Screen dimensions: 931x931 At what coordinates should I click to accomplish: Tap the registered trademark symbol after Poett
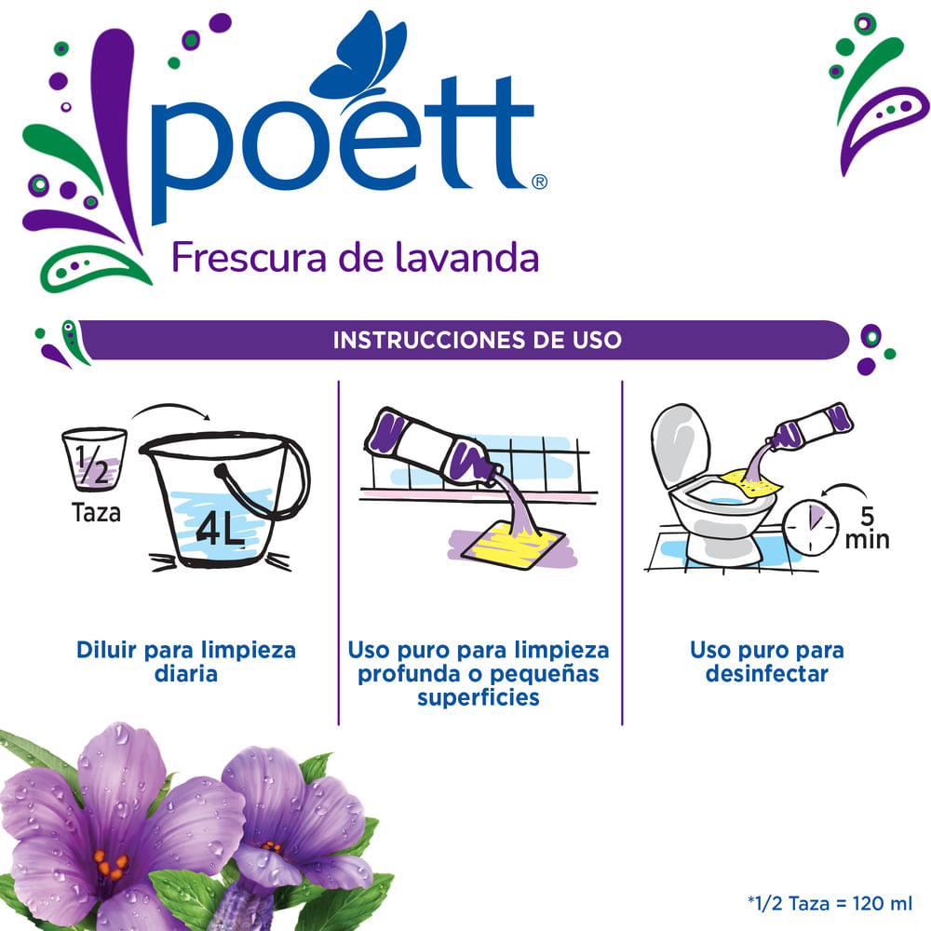tap(539, 182)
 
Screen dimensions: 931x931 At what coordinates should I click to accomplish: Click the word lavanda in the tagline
tap(479, 257)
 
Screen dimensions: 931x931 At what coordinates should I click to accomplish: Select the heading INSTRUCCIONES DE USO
tap(477, 340)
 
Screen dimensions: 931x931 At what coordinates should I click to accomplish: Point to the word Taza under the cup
tap(96, 512)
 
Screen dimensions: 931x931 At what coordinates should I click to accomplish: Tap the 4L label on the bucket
tap(222, 532)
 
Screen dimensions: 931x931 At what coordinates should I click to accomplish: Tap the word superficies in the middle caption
tap(478, 696)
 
